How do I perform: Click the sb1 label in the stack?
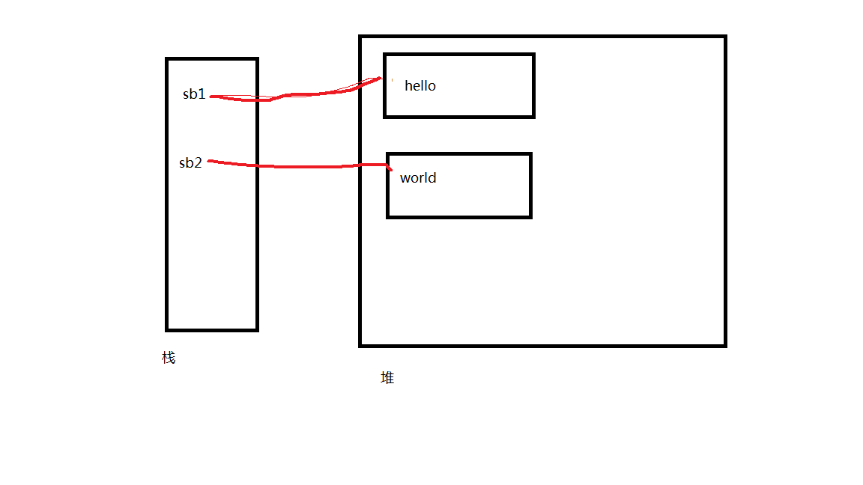[x=194, y=94]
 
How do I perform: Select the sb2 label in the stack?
[x=191, y=163]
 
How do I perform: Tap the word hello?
[x=420, y=86]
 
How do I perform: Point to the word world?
[x=418, y=178]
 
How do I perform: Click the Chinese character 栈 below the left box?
[x=169, y=358]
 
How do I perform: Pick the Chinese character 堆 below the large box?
[x=387, y=378]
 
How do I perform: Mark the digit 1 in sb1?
[x=202, y=94]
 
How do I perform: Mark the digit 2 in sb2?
[x=199, y=163]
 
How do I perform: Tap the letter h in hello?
[x=408, y=86]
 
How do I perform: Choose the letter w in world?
[x=405, y=178]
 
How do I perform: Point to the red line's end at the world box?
[x=390, y=170]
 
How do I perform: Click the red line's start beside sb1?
[x=212, y=96]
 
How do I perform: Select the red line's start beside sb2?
[x=209, y=160]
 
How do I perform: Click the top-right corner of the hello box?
[x=533, y=55]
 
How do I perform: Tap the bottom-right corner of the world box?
[x=530, y=217]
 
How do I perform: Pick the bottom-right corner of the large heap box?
[x=725, y=345]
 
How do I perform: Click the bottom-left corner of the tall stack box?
[x=167, y=329]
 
